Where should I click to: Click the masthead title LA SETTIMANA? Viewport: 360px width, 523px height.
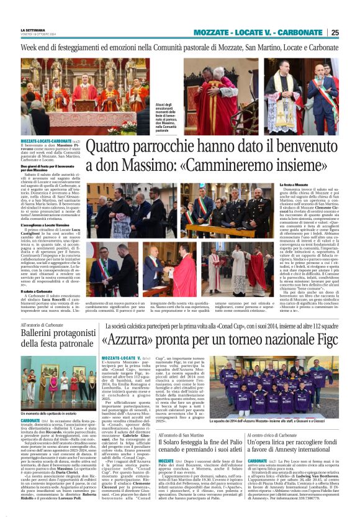click(x=34, y=29)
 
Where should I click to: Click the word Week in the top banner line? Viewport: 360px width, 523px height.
click(x=30, y=47)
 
